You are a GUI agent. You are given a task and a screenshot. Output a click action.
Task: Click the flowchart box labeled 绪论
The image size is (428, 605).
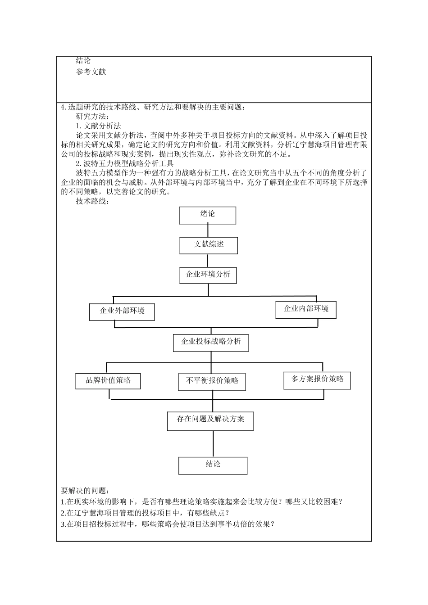tap(207, 215)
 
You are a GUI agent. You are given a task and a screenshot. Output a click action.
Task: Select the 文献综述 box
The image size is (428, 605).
tap(209, 245)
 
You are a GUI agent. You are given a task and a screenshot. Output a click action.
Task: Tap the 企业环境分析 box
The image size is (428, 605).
tap(208, 275)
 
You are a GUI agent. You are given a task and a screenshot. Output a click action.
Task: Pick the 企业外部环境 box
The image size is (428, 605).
tap(122, 312)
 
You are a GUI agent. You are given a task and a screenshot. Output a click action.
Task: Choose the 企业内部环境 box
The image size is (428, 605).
tap(306, 309)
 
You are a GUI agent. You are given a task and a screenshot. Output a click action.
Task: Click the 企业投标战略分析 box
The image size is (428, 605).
tap(211, 343)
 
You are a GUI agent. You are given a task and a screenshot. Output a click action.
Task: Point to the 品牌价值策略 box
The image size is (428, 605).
tap(108, 381)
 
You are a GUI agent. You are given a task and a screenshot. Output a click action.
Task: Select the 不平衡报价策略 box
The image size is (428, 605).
tap(212, 381)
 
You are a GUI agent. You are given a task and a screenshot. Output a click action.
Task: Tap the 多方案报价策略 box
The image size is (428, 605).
tap(317, 380)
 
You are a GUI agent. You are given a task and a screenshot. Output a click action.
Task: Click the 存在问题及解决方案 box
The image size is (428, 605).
tap(211, 420)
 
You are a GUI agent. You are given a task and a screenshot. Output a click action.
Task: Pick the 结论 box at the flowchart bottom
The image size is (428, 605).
tap(213, 465)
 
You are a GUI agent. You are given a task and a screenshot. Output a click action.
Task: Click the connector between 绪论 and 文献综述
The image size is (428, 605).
tap(208, 230)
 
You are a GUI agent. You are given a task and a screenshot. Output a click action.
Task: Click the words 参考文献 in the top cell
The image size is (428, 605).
tap(91, 72)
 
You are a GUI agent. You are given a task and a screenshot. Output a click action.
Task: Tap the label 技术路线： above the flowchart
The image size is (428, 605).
tap(92, 201)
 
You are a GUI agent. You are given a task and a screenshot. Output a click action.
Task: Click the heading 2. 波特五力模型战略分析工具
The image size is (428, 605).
tap(124, 164)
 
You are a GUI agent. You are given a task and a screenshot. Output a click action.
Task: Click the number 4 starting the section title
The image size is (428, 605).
tap(63, 108)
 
